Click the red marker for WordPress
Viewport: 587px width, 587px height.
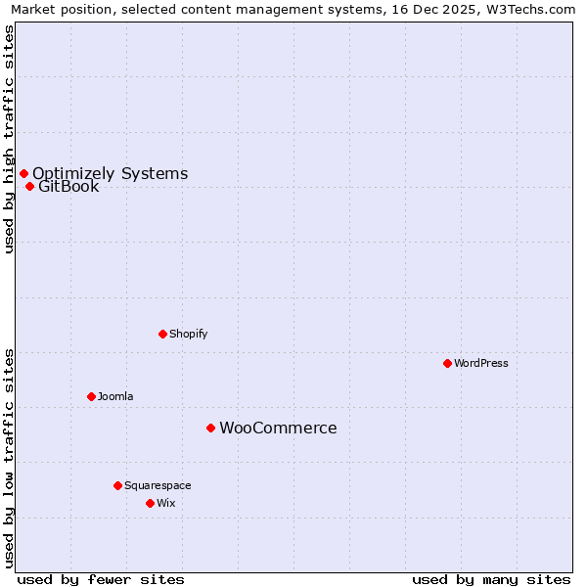[x=447, y=363]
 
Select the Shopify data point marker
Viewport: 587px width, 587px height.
[x=162, y=334]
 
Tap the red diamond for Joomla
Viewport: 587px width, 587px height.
[x=91, y=396]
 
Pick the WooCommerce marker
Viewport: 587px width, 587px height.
[x=210, y=428]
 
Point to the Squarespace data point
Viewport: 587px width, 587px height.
[x=117, y=485]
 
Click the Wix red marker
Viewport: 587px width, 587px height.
[x=150, y=503]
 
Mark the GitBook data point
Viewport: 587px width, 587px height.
[x=29, y=186]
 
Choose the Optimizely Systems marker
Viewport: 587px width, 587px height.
[x=23, y=173]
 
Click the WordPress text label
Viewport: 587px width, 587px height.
[x=481, y=363]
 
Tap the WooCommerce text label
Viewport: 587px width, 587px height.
[x=278, y=428]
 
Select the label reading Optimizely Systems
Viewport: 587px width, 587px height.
[x=110, y=173]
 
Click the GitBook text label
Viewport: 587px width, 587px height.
[x=68, y=187]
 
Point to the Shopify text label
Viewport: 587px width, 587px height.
[x=188, y=334]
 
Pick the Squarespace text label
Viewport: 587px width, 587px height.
[x=158, y=485]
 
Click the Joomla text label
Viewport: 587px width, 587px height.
[x=115, y=396]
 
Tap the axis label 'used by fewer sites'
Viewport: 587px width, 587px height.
[x=101, y=579]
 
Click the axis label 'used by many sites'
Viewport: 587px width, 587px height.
[x=491, y=579]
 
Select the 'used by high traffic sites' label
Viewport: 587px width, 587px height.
[x=9, y=139]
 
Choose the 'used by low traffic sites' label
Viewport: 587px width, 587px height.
[x=9, y=458]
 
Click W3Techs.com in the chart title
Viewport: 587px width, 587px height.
[x=530, y=10]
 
